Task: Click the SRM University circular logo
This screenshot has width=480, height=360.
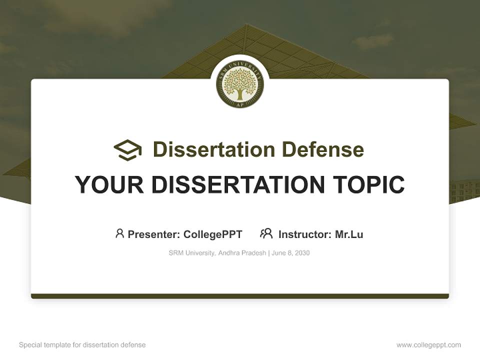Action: point(240,84)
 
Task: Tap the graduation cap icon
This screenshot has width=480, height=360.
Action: point(127,150)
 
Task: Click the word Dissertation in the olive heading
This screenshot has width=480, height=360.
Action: point(213,149)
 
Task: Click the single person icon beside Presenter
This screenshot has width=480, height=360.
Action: point(119,233)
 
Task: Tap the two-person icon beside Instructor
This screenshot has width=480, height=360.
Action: point(266,233)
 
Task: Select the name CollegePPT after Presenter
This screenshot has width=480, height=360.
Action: point(212,234)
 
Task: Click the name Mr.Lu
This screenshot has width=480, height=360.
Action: point(349,234)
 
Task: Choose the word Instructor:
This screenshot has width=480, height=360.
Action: point(304,234)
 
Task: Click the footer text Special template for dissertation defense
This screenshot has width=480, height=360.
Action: point(82,345)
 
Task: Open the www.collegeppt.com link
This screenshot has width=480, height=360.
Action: point(428,345)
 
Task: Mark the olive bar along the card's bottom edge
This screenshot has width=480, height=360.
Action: point(240,296)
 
